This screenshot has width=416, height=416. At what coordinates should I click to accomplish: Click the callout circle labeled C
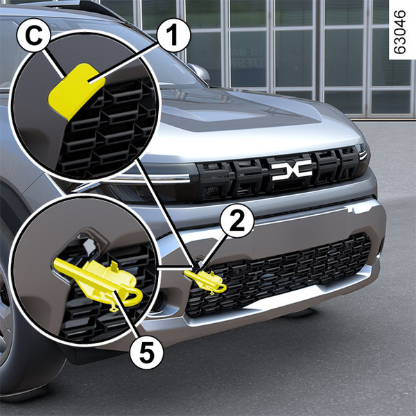(34, 35)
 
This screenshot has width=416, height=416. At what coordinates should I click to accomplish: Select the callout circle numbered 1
(173, 35)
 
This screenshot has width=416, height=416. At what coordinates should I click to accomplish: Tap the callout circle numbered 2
(236, 220)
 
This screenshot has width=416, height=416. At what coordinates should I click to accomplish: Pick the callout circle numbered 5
(147, 352)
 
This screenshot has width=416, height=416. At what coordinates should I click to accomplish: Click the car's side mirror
(199, 73)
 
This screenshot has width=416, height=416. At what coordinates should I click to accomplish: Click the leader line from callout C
(55, 64)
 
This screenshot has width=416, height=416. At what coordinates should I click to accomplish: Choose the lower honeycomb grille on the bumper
(279, 273)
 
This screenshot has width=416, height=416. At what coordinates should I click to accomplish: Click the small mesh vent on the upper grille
(212, 191)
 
